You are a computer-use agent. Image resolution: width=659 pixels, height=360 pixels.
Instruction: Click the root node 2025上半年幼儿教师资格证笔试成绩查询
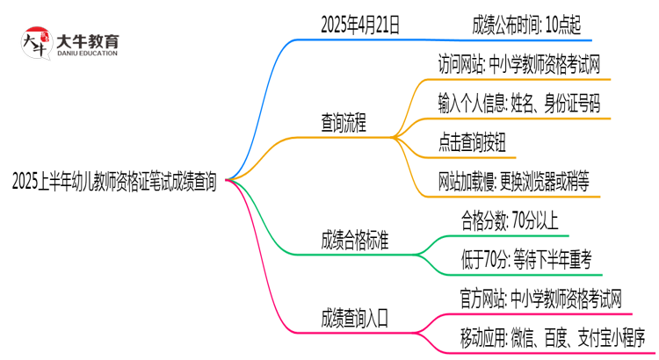tap(114, 182)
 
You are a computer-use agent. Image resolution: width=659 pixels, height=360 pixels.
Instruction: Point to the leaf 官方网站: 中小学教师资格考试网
tap(530, 298)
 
